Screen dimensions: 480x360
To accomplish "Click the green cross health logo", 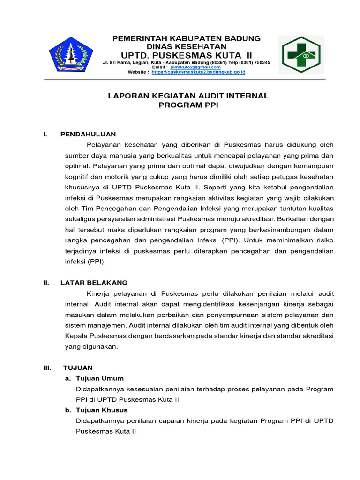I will (300, 55).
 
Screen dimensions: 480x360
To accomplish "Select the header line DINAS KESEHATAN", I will (187, 46).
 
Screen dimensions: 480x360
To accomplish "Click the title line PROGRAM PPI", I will (188, 105).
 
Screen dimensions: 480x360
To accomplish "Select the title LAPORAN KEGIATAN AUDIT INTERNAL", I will (188, 96).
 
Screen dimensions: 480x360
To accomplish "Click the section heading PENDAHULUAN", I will (88, 134).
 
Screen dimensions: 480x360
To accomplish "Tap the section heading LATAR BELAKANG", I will (94, 283).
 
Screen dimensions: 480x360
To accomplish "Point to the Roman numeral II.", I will (46, 283).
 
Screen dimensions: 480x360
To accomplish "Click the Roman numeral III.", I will (47, 368).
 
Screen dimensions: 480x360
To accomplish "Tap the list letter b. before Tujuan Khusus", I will (68, 410).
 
